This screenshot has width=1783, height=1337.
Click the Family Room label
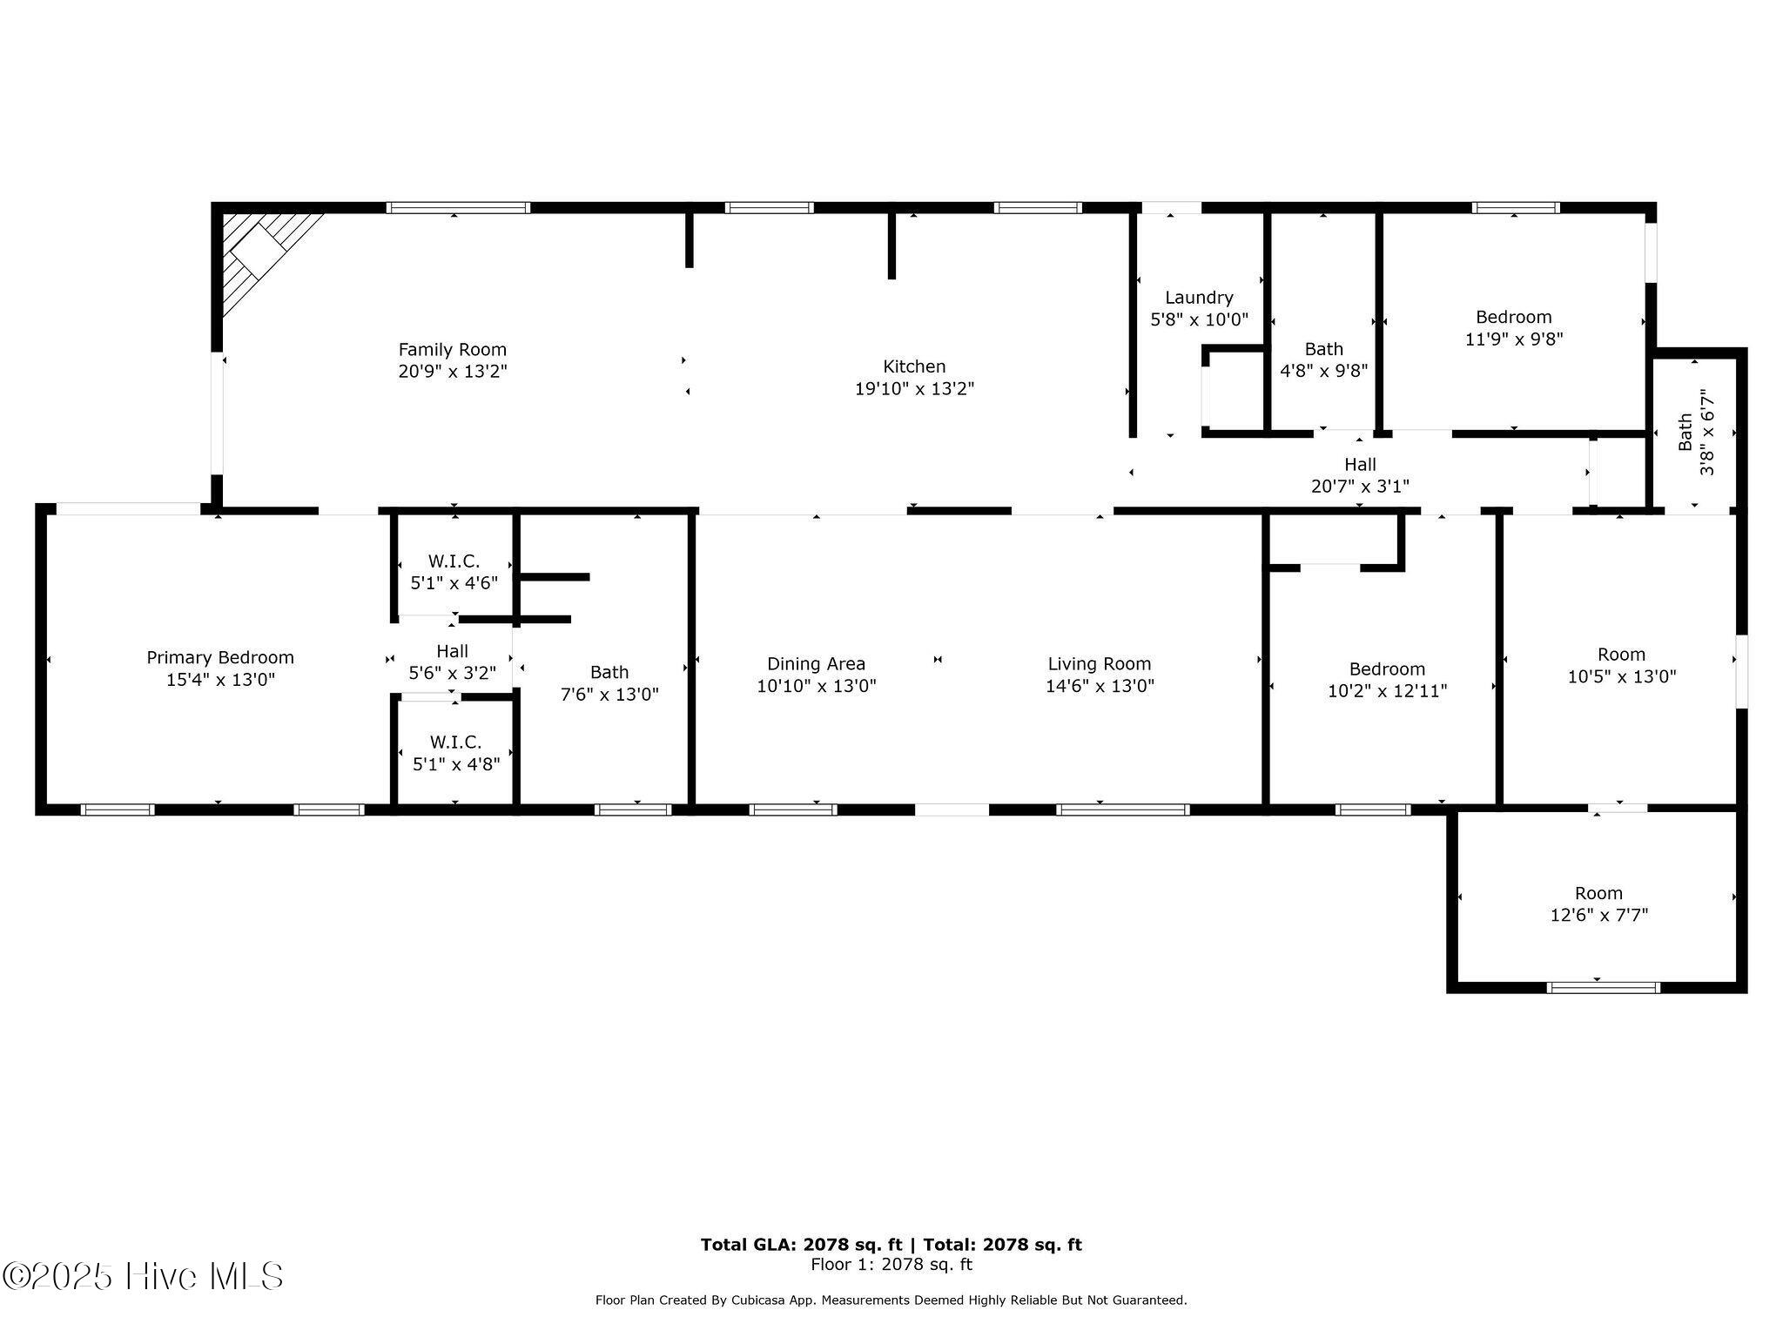[x=452, y=350]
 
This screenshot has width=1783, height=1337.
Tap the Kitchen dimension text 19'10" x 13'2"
[x=914, y=389]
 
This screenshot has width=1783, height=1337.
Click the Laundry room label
[x=1199, y=298]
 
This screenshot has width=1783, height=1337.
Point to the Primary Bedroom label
[x=220, y=658]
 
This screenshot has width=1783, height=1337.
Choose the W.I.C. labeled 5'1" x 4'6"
[x=454, y=572]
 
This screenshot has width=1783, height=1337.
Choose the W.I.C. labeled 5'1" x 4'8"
[x=455, y=753]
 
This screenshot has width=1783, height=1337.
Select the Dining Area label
[x=816, y=664]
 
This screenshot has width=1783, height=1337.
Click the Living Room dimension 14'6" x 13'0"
[x=1100, y=686]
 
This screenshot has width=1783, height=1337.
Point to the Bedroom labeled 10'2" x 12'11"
[x=1387, y=680]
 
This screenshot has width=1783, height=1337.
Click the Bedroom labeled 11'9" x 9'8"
[x=1513, y=328]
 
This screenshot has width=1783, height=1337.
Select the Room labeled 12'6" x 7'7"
[x=1598, y=904]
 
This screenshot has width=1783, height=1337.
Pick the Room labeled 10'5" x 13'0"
[x=1621, y=665]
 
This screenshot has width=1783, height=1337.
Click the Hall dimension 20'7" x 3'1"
[x=1360, y=487]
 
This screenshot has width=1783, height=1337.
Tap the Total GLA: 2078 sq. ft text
[x=801, y=1245]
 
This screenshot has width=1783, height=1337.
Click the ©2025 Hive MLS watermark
[x=144, y=1276]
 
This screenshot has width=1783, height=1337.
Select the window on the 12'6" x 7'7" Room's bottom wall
[x=1603, y=987]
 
